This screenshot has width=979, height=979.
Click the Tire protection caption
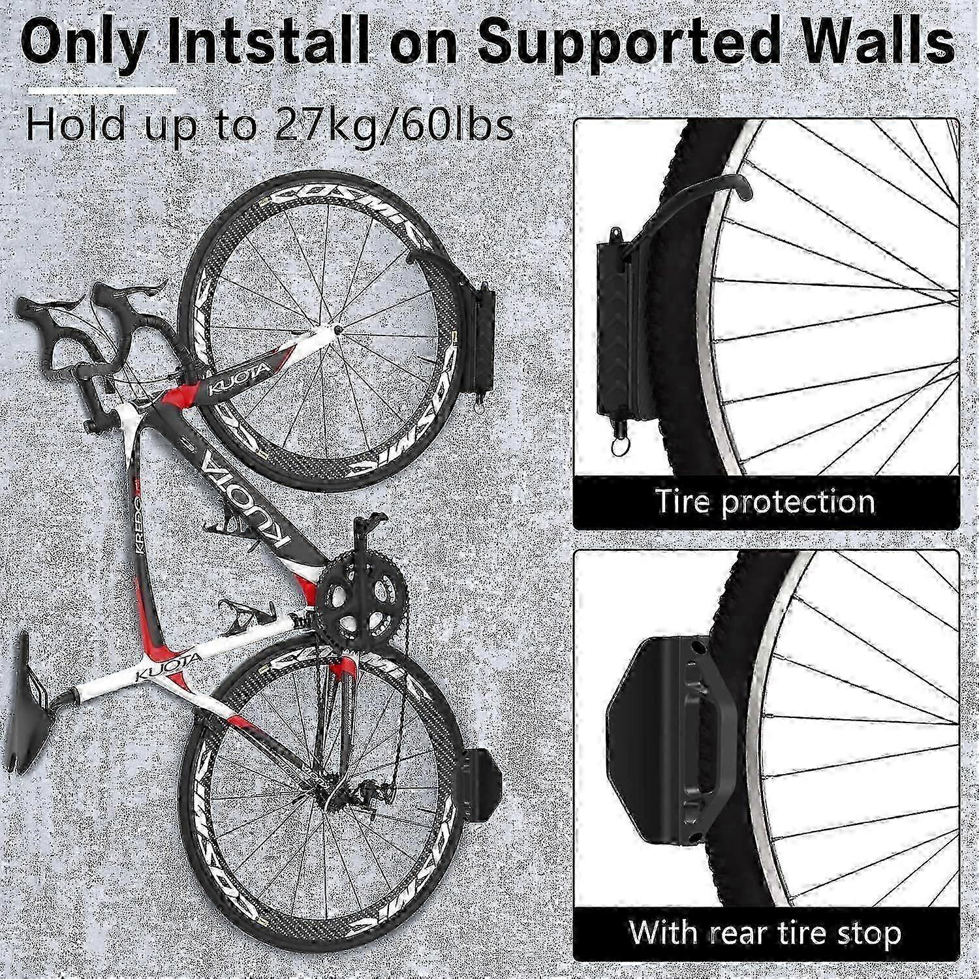coord(765,501)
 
